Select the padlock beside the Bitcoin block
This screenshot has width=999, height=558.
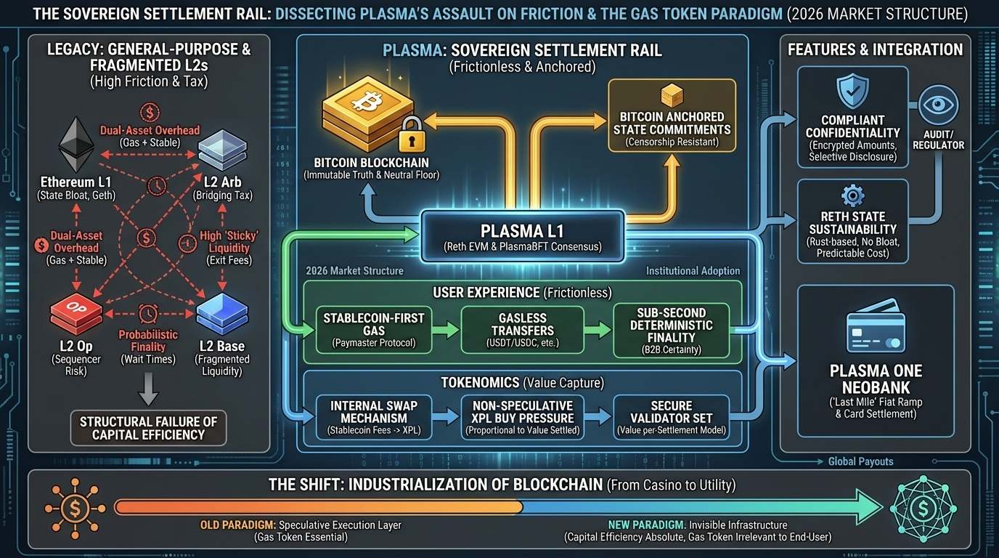pyautogui.click(x=409, y=132)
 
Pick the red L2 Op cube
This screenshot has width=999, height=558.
pyautogui.click(x=70, y=314)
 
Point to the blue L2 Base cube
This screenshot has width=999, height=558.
pyautogui.click(x=221, y=313)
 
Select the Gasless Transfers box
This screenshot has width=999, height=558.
pyautogui.click(x=522, y=330)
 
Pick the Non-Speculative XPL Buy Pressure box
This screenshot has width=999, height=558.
pyautogui.click(x=522, y=418)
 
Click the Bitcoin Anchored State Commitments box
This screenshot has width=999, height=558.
pyautogui.click(x=672, y=116)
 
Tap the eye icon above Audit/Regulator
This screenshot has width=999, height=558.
pyautogui.click(x=938, y=106)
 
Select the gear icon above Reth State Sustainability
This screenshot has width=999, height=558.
pyautogui.click(x=852, y=196)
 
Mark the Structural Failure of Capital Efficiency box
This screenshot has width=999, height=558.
pyautogui.click(x=147, y=428)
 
